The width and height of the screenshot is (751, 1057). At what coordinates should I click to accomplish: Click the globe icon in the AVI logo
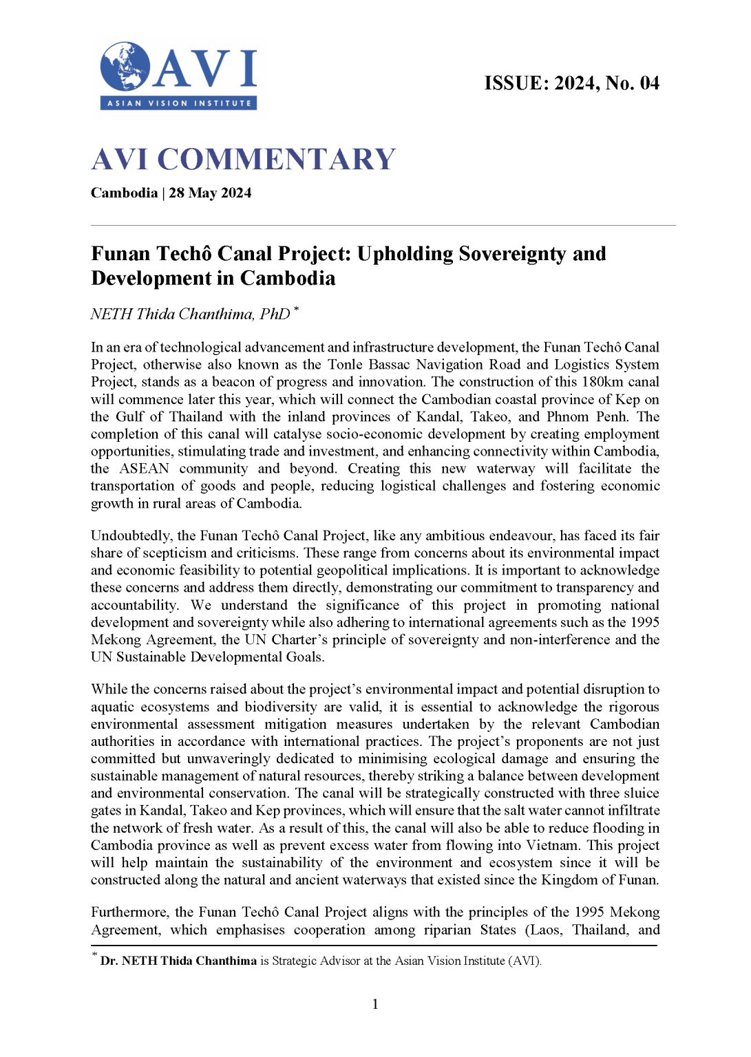click(x=125, y=67)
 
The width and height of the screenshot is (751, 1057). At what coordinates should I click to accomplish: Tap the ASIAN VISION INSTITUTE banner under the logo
click(x=179, y=103)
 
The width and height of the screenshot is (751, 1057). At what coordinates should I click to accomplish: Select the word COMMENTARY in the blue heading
click(x=276, y=159)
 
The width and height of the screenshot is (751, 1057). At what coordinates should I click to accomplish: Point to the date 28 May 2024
click(x=210, y=193)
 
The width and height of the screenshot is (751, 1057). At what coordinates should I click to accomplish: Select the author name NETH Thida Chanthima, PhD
click(x=190, y=314)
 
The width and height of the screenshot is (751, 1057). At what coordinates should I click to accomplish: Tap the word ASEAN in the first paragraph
click(x=145, y=469)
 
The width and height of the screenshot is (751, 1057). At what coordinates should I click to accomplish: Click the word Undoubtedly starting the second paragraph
click(x=131, y=535)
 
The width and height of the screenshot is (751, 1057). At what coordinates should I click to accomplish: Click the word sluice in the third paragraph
click(x=640, y=793)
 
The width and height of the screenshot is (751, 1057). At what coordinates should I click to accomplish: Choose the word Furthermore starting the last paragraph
click(x=129, y=912)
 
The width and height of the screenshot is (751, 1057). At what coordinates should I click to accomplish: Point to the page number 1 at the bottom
click(x=375, y=1004)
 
